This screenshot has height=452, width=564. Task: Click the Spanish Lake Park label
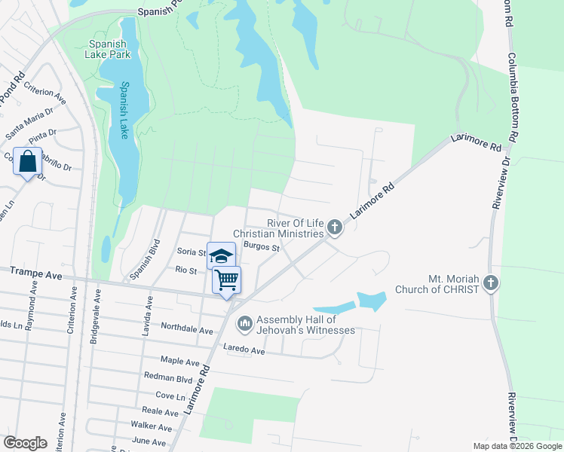click(109, 49)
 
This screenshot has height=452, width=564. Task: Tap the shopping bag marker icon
click(28, 161)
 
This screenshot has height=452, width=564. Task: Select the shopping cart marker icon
click(227, 280)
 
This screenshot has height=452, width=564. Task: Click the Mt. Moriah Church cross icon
click(490, 283)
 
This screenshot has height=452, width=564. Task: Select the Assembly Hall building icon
click(244, 324)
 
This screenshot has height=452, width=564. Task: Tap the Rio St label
click(185, 270)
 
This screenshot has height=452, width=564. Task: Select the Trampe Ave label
click(36, 276)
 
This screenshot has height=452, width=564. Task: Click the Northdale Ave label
click(187, 328)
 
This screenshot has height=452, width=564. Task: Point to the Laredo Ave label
click(244, 350)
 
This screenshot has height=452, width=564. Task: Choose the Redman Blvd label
click(168, 377)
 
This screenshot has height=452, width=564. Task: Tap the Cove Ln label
click(170, 395)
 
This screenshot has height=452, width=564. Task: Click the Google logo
click(26, 443)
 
